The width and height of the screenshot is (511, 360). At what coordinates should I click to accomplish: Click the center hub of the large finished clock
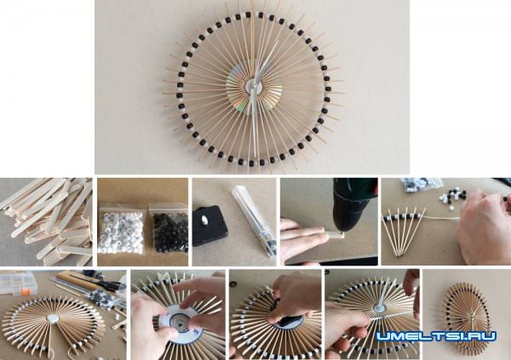coord(254,86)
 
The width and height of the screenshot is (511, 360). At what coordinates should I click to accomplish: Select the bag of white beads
coord(120,232)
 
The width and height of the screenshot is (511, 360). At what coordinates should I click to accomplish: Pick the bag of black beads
coord(169,230)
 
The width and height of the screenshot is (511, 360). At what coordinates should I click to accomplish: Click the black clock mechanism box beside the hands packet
coord(210,226)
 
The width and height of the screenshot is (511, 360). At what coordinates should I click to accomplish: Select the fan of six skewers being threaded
coord(403,231)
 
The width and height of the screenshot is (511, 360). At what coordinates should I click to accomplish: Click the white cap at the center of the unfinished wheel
coord(52,318)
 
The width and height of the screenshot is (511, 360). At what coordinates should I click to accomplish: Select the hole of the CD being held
coord(179,318)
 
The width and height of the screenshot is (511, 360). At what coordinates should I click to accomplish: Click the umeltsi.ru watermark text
coord(436,336)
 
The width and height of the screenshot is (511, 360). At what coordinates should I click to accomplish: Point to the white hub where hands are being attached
coord(379,308)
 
